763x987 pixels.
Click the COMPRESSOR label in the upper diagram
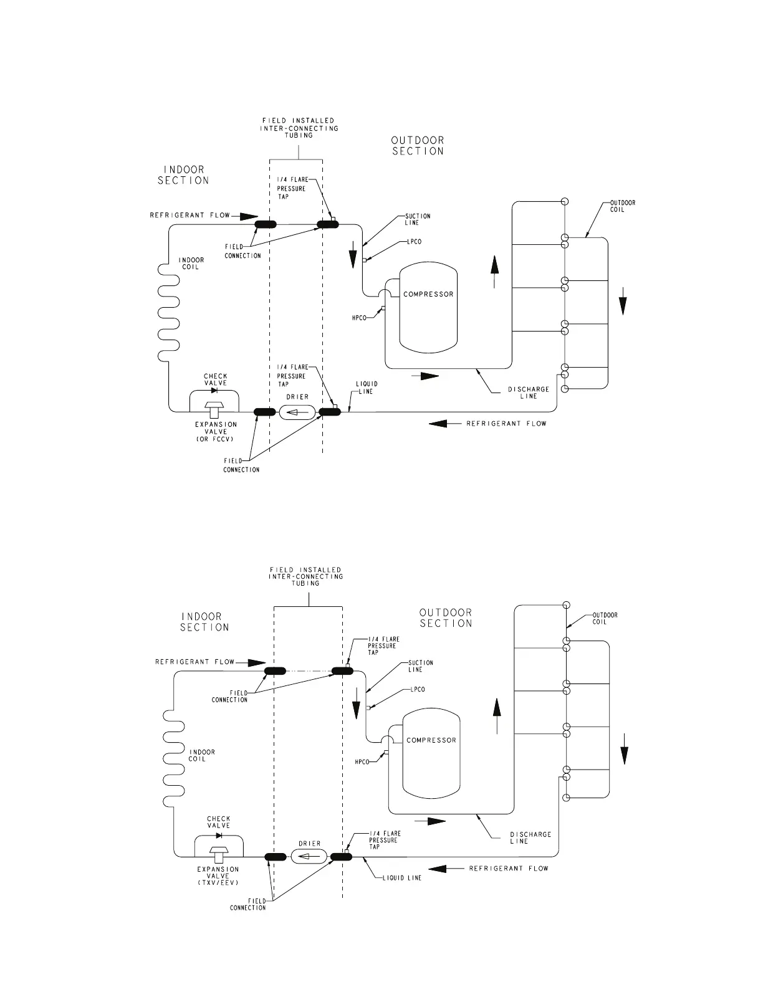[428, 294]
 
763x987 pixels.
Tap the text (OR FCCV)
[216, 439]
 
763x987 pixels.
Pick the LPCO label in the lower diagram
[418, 690]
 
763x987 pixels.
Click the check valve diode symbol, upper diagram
[214, 391]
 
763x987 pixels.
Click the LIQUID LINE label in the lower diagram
[401, 878]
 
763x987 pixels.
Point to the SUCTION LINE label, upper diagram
[418, 219]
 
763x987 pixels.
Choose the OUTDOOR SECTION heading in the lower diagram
[446, 618]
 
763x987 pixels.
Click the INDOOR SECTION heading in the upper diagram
[183, 174]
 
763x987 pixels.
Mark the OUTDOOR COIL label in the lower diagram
[605, 618]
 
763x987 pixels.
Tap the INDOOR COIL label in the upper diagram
[191, 264]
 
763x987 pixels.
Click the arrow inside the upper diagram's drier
[297, 412]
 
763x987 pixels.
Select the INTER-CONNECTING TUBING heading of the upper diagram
[299, 128]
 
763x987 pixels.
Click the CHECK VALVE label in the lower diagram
[218, 822]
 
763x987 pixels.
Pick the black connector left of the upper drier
[265, 412]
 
